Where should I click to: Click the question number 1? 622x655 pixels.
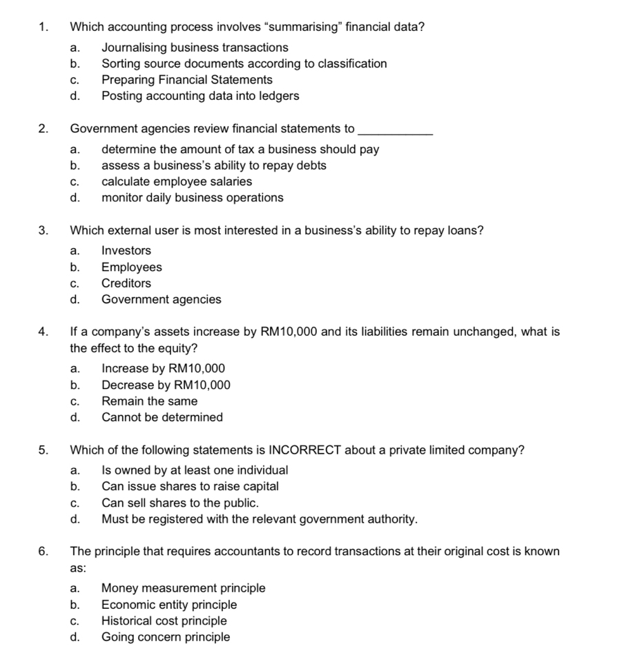[43, 28]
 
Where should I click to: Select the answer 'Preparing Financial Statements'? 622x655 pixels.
[186, 80]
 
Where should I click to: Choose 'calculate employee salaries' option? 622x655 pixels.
[176, 182]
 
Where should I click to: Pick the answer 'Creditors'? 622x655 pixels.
[126, 283]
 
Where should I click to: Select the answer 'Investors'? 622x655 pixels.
[126, 251]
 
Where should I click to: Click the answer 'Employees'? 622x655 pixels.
[131, 268]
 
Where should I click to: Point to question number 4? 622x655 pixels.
[43, 332]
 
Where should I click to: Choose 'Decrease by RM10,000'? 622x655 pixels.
[166, 385]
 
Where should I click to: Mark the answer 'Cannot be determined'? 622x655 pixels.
[162, 417]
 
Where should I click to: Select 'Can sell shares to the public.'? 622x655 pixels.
[180, 503]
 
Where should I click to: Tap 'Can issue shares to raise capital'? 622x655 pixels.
[190, 487]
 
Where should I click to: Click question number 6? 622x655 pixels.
[43, 552]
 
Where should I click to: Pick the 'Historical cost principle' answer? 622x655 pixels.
[164, 621]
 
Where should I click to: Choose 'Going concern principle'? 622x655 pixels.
[166, 637]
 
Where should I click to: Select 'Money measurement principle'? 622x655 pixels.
[183, 589]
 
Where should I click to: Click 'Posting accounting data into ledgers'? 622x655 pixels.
[200, 96]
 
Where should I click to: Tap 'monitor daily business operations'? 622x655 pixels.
[192, 198]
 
